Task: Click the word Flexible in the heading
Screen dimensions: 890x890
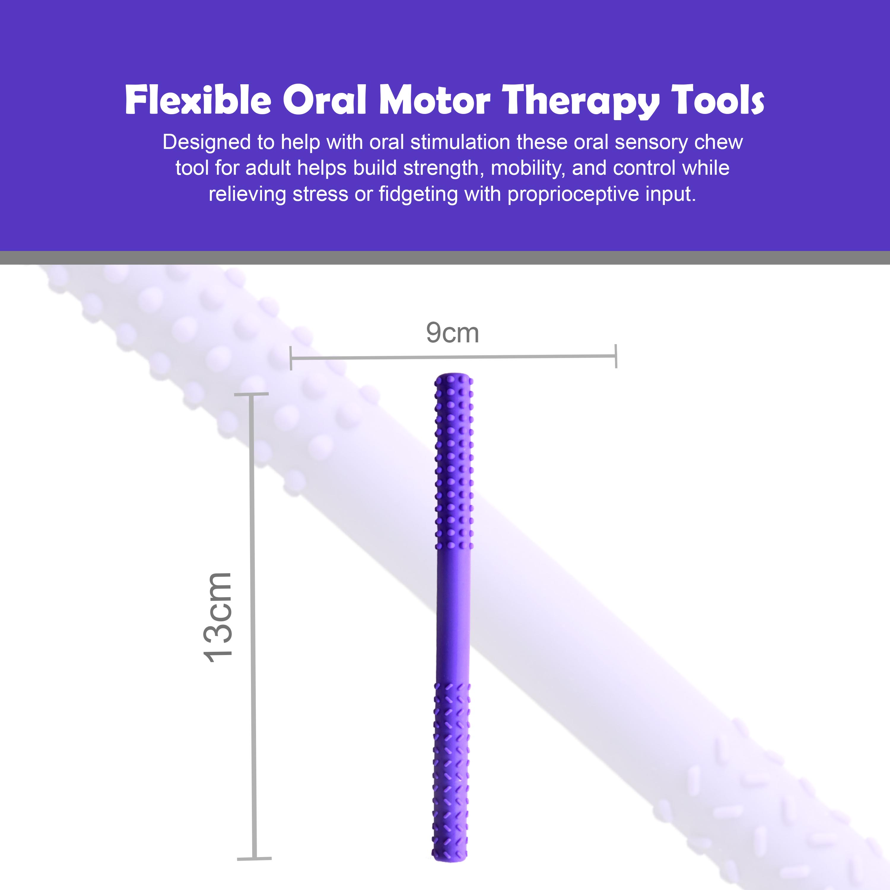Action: (198, 100)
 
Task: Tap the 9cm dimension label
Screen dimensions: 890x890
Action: (452, 333)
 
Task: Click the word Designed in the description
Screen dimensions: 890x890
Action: (206, 143)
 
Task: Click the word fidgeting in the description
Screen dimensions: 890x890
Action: (418, 195)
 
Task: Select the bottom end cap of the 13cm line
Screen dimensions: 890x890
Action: (254, 859)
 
